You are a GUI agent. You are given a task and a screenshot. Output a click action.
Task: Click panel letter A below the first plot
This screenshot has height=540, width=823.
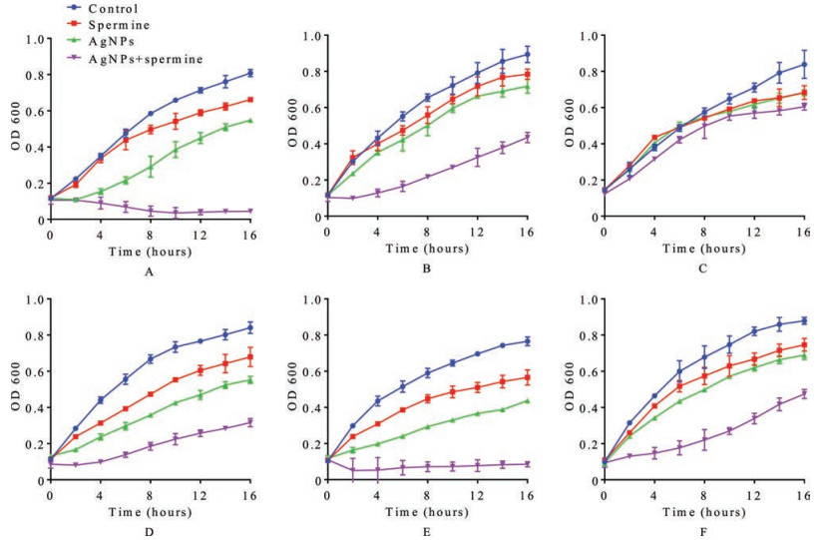[148, 270]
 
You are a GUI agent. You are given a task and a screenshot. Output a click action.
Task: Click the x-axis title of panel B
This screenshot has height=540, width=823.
[424, 248]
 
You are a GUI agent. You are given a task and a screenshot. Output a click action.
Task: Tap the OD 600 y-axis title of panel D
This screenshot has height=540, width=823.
[11, 388]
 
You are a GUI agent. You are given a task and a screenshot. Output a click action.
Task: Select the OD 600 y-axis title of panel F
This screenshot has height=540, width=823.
[565, 388]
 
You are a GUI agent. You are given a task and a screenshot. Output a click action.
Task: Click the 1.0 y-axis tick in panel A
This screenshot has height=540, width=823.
[37, 40]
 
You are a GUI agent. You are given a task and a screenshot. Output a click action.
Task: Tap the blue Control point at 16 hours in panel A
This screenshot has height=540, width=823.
[249, 72]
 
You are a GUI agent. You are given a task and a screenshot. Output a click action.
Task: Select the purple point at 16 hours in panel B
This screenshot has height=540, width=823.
[527, 137]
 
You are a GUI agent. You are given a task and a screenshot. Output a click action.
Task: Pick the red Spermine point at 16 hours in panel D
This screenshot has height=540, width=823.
[249, 356]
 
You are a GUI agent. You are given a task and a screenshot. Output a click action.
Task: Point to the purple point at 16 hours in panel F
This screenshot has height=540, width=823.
[804, 393]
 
